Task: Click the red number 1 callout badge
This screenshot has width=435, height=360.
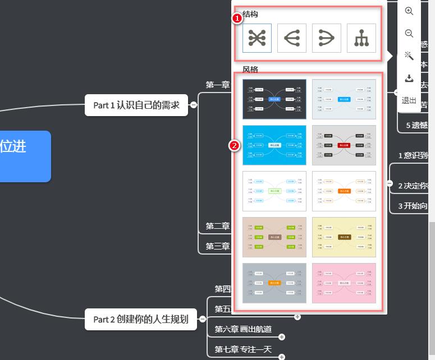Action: click(237, 19)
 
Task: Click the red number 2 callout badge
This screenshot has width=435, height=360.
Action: click(235, 145)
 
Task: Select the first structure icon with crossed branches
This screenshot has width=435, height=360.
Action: click(257, 38)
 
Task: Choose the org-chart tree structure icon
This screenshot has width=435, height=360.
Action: click(361, 38)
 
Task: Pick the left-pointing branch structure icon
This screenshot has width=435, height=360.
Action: click(292, 38)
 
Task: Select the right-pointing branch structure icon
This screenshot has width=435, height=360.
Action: click(327, 38)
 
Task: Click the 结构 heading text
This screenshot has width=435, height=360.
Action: click(250, 14)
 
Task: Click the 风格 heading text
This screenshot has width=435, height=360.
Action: click(250, 70)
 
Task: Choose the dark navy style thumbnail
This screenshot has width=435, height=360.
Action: click(274, 99)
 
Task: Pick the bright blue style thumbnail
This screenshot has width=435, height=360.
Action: click(274, 145)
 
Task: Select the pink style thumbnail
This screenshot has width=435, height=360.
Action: click(344, 283)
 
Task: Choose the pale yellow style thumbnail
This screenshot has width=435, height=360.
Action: click(344, 237)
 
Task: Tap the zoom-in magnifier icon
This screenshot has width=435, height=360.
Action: click(409, 11)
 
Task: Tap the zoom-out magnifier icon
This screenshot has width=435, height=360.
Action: click(409, 34)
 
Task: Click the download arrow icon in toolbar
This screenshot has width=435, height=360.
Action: click(409, 78)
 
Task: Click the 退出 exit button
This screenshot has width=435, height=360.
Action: click(409, 101)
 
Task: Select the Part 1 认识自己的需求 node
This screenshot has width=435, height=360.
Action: click(136, 105)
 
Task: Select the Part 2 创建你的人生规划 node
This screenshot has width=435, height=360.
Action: click(141, 319)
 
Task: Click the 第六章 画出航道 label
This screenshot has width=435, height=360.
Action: click(243, 329)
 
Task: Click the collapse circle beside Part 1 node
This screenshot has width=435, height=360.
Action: click(193, 105)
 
